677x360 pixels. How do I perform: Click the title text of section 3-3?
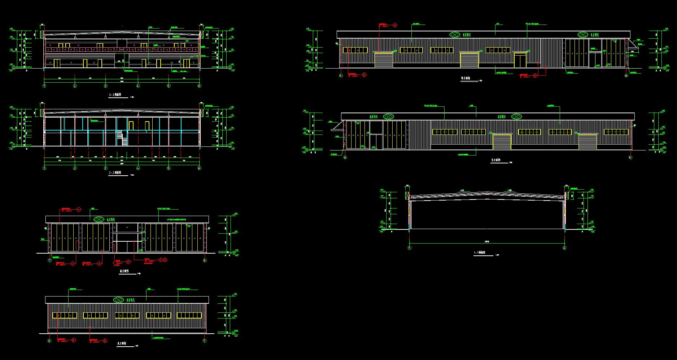tap(115, 95)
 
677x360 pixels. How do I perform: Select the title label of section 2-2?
tap(115, 173)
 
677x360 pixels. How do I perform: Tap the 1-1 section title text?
tap(480, 253)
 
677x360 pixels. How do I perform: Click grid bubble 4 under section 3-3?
tap(138, 86)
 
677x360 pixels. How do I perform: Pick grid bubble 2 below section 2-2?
tap(75, 168)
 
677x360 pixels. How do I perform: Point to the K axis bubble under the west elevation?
tap(341, 75)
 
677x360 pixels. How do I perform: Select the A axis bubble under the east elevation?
tap(345, 158)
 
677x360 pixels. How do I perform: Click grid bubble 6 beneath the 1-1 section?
tap(565, 248)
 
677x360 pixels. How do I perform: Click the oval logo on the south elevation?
tap(99, 219)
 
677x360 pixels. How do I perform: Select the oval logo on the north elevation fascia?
tap(119, 300)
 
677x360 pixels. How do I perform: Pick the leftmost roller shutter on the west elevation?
tap(384, 60)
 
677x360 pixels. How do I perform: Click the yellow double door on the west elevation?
tap(520, 60)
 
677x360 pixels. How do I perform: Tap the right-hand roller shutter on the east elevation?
tap(588, 141)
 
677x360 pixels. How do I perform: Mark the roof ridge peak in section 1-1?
tap(487, 192)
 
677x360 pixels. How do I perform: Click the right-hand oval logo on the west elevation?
tap(583, 35)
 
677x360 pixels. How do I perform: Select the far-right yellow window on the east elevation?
tap(616, 132)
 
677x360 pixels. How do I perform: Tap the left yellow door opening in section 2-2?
tap(131, 126)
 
